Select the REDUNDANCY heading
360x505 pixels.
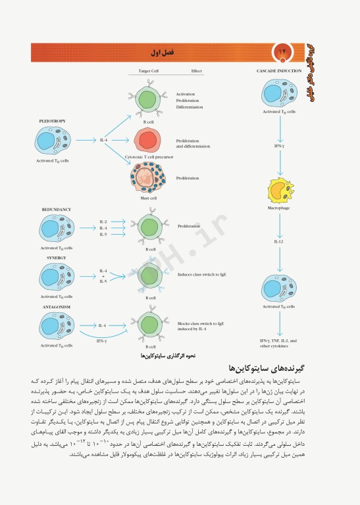pos(56,209)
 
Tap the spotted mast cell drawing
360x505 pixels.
pos(149,175)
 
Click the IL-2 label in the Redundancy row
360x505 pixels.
pos(103,222)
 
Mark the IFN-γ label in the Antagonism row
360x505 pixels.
pos(101,341)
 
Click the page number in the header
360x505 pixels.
pos(284,51)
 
